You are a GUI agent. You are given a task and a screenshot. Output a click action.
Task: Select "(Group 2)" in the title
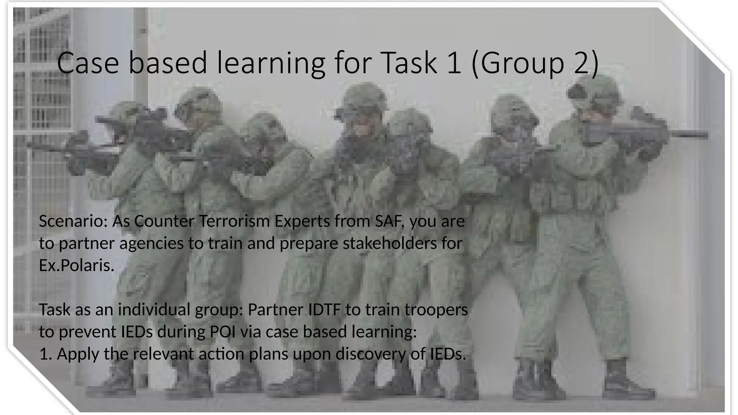(535, 63)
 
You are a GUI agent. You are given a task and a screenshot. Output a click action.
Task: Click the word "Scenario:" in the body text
(73, 221)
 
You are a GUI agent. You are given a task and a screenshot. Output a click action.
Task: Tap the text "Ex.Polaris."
(76, 265)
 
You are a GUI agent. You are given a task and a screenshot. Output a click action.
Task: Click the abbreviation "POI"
(222, 332)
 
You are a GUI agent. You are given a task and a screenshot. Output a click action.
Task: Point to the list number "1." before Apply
(46, 354)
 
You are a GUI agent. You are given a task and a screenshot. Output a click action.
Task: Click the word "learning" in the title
(271, 63)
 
